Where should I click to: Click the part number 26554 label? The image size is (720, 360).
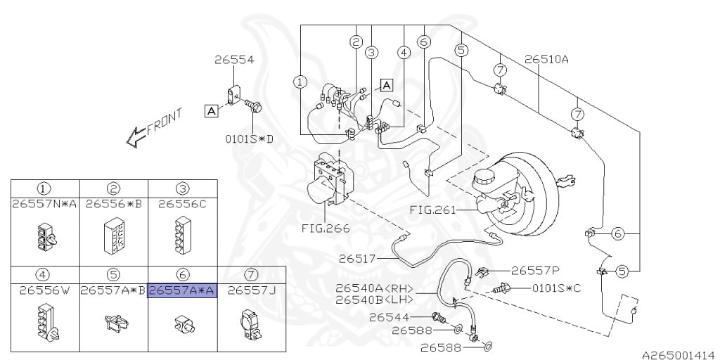click(234, 60)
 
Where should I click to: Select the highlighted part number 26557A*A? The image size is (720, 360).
click(182, 290)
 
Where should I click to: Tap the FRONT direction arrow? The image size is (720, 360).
click(136, 137)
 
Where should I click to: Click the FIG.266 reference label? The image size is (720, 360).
click(326, 228)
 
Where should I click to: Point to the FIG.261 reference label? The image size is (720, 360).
click(433, 210)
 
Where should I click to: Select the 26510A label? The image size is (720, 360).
click(547, 59)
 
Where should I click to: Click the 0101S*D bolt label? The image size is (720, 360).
click(248, 139)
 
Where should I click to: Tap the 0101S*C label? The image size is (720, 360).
click(557, 288)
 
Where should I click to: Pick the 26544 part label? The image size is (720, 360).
click(388, 317)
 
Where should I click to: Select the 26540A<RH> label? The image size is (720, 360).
click(374, 288)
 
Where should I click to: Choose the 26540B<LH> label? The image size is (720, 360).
click(374, 300)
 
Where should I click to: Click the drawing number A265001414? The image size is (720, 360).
click(681, 355)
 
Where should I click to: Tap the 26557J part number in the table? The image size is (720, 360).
click(250, 290)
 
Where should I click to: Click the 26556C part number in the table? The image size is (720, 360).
click(182, 203)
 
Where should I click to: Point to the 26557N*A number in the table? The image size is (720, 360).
click(44, 203)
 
